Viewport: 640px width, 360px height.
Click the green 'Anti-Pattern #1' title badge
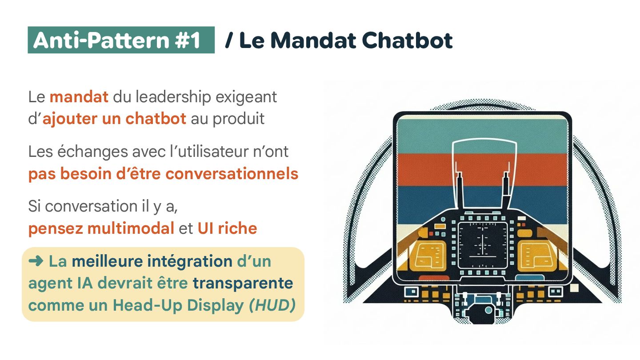pyautogui.click(x=121, y=40)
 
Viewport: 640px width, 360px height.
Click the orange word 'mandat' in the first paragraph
pyautogui.click(x=79, y=97)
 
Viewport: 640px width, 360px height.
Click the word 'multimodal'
pyautogui.click(x=130, y=228)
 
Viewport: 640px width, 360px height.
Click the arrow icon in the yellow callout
pyautogui.click(x=35, y=261)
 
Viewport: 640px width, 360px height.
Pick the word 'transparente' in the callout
pyautogui.click(x=243, y=283)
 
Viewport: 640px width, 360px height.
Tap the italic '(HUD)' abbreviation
pyautogui.click(x=272, y=305)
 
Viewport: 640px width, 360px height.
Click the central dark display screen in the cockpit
pyautogui.click(x=483, y=244)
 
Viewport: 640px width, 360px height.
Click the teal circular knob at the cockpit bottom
pyautogui.click(x=488, y=310)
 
